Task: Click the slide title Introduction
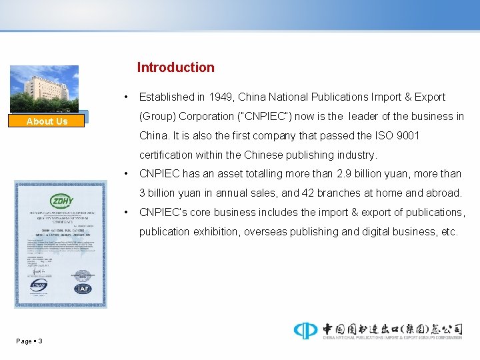pyautogui.click(x=175, y=67)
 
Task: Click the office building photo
pyautogui.click(x=44, y=89)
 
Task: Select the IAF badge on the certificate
pyautogui.click(x=83, y=289)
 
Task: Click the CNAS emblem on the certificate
pyautogui.click(x=39, y=286)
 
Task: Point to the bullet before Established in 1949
pyautogui.click(x=126, y=97)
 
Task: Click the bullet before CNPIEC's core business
pyautogui.click(x=126, y=212)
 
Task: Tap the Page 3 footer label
pyautogui.click(x=29, y=341)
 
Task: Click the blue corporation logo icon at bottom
pyautogui.click(x=305, y=330)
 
